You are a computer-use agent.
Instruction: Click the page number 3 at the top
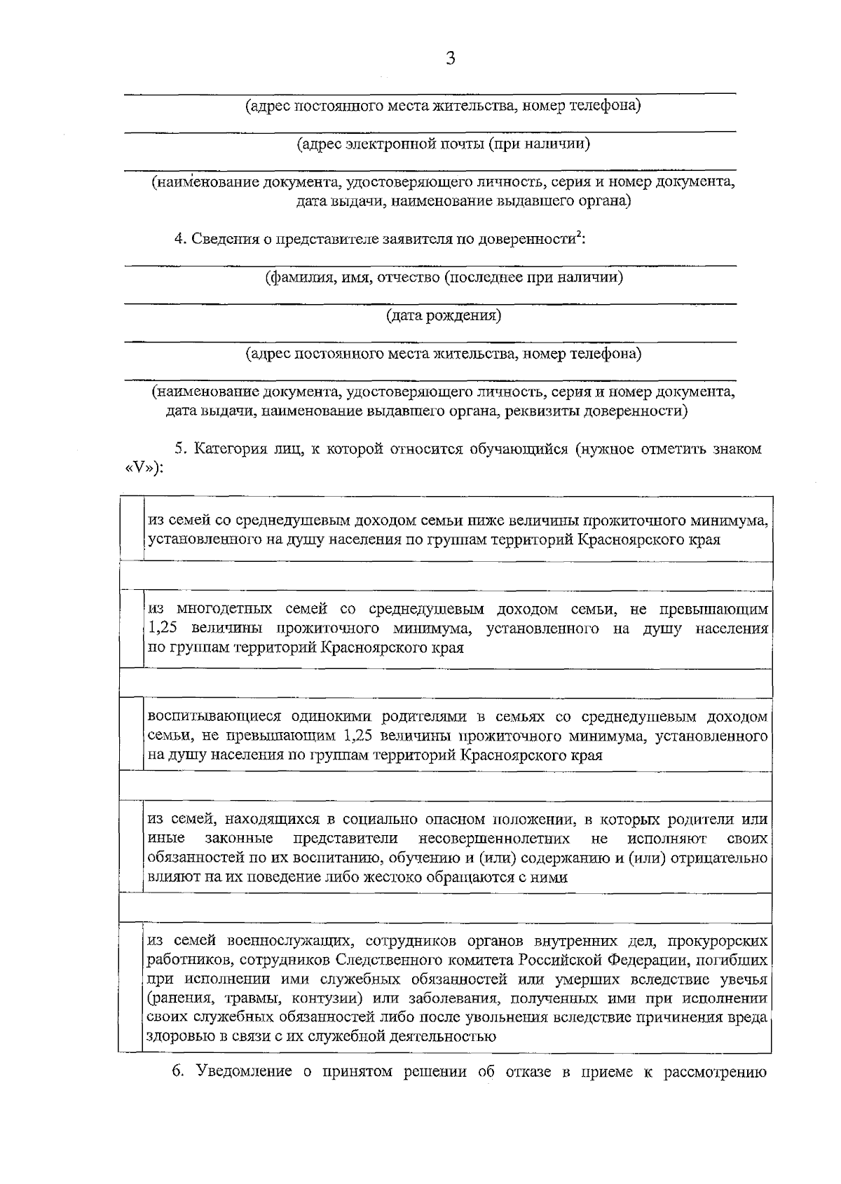point(450,59)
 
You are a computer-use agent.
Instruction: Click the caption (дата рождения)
point(444,316)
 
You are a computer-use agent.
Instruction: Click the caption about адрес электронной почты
point(443,144)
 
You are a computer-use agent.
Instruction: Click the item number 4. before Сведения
point(179,240)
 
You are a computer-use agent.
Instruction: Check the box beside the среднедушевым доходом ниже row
point(130,529)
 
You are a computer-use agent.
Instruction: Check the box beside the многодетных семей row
point(130,628)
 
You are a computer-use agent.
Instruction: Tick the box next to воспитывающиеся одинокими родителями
point(130,736)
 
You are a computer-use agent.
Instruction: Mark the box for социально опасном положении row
point(130,848)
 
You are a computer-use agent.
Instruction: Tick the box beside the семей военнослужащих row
point(130,988)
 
